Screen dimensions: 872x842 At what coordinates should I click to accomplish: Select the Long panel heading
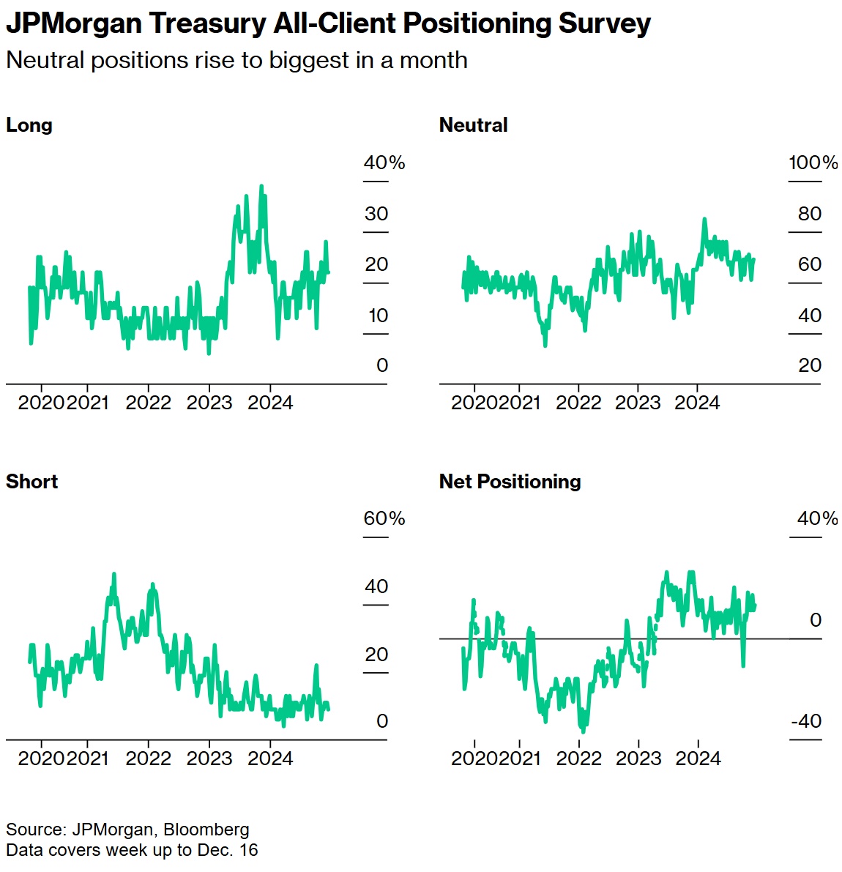29,125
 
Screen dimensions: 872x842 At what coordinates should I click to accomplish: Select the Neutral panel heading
473,125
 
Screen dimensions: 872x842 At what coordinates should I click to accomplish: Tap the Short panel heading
31,482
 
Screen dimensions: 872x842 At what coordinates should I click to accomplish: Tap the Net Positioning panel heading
510,482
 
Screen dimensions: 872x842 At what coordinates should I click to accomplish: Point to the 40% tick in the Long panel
384,163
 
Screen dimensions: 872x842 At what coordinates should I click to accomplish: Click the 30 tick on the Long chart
376,214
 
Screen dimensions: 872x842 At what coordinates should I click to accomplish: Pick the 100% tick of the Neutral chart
813,163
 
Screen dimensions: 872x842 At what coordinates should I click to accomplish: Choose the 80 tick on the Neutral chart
810,214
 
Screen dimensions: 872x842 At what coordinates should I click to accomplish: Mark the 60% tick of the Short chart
384,518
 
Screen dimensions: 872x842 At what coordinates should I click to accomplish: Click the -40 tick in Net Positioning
806,721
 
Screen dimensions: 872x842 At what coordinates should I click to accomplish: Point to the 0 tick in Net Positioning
816,620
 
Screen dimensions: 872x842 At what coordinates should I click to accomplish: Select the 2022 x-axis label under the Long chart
148,403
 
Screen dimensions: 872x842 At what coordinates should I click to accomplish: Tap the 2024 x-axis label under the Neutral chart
697,403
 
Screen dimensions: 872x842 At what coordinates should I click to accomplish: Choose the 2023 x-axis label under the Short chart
209,759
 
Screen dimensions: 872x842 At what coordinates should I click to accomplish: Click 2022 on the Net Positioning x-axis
578,759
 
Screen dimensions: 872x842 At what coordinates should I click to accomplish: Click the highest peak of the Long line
261,187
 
